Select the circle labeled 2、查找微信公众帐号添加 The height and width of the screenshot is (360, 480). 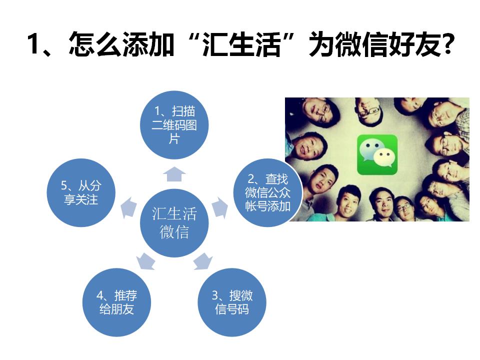(x=267, y=192)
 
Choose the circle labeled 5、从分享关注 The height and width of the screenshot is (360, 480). (x=81, y=193)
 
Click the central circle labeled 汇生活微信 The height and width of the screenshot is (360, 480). (x=174, y=222)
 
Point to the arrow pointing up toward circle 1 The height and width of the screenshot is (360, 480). (x=174, y=173)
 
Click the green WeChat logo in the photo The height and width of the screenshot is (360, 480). (x=377, y=154)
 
